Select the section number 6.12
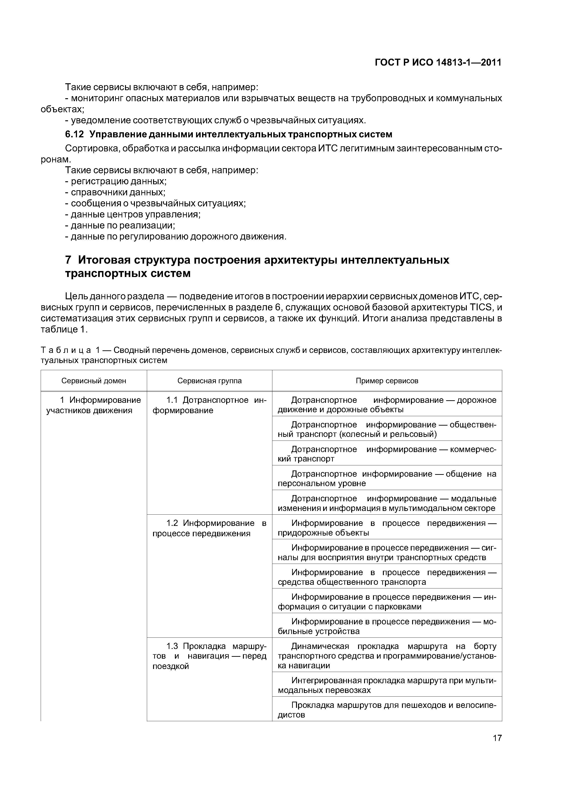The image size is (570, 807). pos(75,134)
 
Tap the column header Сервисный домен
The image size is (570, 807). pos(94,381)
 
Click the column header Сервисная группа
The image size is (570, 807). pos(209,381)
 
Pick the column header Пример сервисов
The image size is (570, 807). pos(387,381)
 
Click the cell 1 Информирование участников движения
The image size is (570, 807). pos(94,405)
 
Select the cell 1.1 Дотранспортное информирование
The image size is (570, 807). pos(209,405)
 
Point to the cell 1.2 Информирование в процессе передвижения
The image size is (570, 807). pos(209,528)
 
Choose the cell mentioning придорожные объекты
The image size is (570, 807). pos(387,528)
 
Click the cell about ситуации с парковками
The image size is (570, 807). pos(387,602)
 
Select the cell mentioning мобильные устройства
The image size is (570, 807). pos(387,626)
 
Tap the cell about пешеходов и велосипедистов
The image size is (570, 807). pos(387,710)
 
